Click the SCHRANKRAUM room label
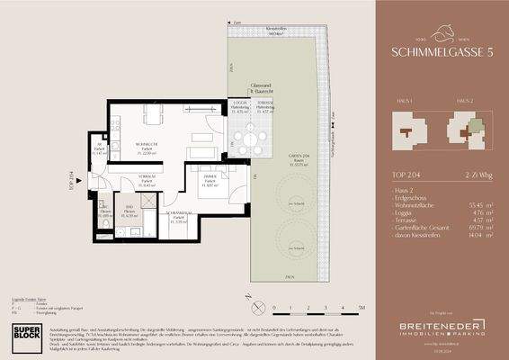pos(179,215)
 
